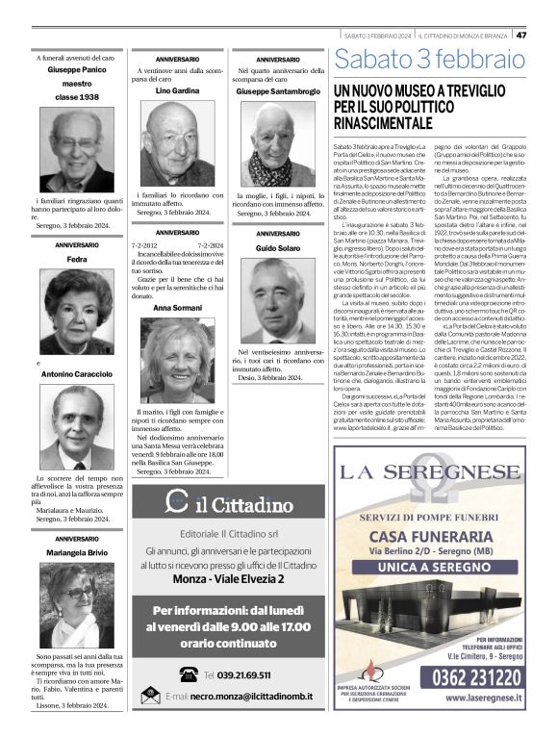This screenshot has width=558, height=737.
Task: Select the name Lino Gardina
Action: (177, 89)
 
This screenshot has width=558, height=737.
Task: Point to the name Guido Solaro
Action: (278, 249)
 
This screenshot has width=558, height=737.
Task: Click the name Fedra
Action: (78, 259)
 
